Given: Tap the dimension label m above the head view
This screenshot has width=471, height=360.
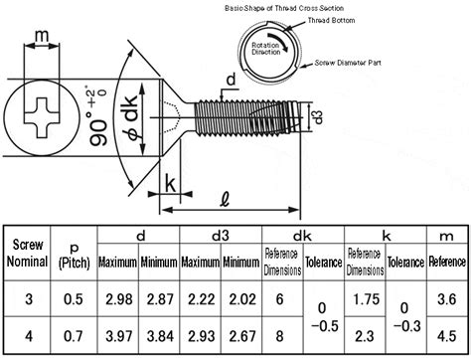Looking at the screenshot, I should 41,40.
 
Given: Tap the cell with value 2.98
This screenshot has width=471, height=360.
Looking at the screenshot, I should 117,299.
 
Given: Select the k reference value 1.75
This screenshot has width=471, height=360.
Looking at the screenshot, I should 365,299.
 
